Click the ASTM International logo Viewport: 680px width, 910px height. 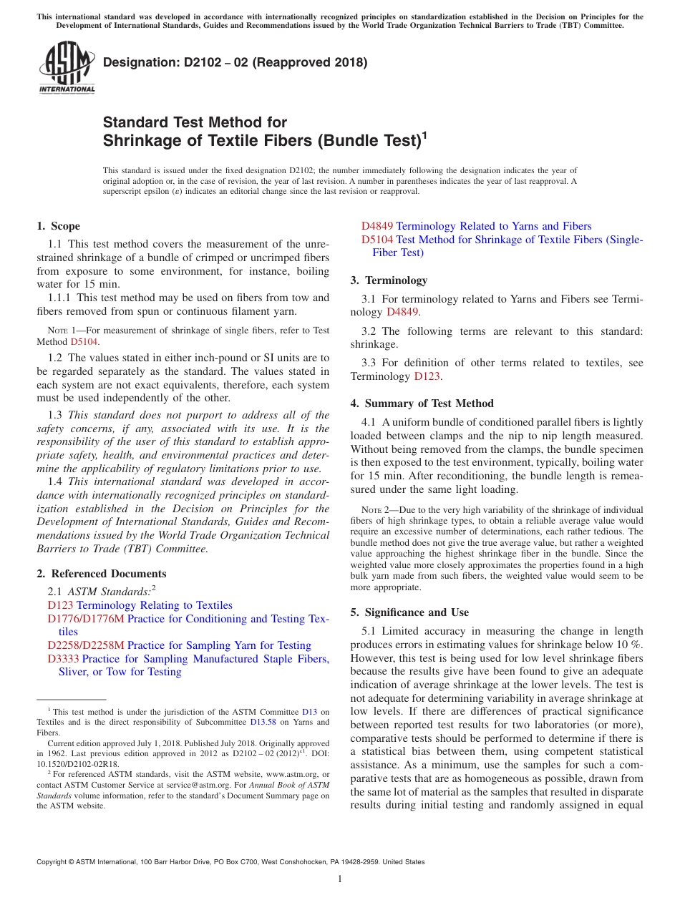pyautogui.click(x=67, y=68)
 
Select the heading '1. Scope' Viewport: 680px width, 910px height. pyautogui.click(x=58, y=226)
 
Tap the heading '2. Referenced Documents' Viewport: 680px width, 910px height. pyautogui.click(x=101, y=574)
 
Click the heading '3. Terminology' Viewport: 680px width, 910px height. pyautogui.click(x=389, y=280)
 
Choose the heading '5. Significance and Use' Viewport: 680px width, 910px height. pyautogui.click(x=409, y=612)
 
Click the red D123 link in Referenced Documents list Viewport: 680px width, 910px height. pyautogui.click(x=60, y=605)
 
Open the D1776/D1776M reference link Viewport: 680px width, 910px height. pyautogui.click(x=85, y=619)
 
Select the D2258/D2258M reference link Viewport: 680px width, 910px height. pyautogui.click(x=85, y=645)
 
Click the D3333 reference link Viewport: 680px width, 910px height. pyautogui.click(x=63, y=659)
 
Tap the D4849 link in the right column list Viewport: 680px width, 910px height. pyautogui.click(x=377, y=226)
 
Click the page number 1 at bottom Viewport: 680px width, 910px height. pyautogui.click(x=340, y=879)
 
